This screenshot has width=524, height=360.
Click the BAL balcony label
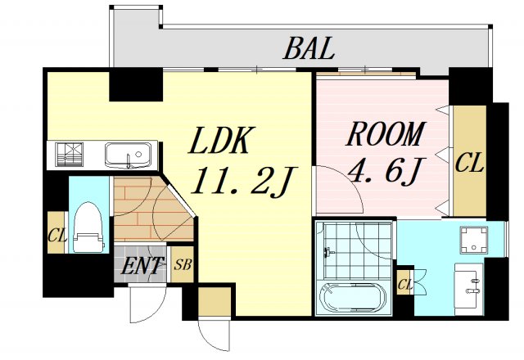(309, 48)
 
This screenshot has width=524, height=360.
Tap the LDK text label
(221, 140)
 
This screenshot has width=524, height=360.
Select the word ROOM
(386, 134)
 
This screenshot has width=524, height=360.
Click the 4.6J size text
(386, 171)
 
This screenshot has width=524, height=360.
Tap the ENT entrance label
(142, 265)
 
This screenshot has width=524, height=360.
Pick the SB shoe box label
(183, 265)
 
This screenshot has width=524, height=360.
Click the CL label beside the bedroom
(469, 162)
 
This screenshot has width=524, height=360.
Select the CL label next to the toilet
(57, 235)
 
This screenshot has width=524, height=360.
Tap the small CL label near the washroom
(405, 285)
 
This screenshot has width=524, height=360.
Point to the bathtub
(353, 298)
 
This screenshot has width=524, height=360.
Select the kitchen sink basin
(128, 155)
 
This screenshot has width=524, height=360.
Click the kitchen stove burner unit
(69, 155)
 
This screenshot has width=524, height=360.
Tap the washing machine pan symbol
(473, 240)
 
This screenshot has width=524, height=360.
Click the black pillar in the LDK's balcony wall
(136, 85)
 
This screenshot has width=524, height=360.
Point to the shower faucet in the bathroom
(329, 252)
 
